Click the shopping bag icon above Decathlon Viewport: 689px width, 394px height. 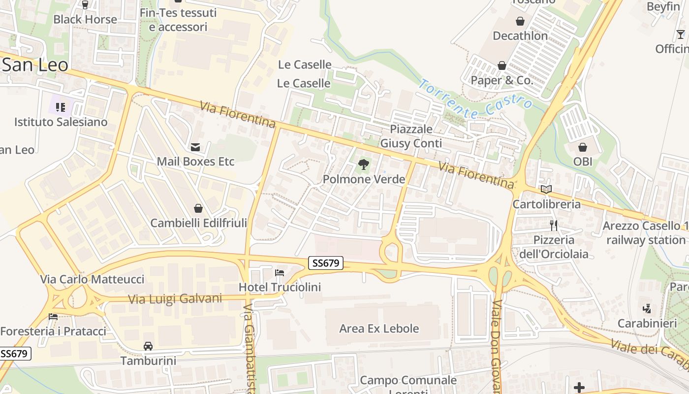(x=520, y=21)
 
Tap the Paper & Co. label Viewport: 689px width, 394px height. (x=502, y=80)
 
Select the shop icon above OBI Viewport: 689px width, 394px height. (x=583, y=147)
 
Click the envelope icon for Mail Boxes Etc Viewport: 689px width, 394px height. (x=195, y=147)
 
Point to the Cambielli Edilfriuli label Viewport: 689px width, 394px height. (x=198, y=223)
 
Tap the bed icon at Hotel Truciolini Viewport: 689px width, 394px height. (x=280, y=272)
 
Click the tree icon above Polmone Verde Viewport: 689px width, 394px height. (x=364, y=164)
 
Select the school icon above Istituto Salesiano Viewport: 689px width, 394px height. (x=61, y=107)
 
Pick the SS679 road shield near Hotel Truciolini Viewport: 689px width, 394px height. (x=326, y=263)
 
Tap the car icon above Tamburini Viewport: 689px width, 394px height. (x=148, y=346)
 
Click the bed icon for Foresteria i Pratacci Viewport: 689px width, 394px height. (x=53, y=317)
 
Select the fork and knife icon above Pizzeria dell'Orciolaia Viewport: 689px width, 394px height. (x=554, y=226)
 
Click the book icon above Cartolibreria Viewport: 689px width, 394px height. (x=546, y=189)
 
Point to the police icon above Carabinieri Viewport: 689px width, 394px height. (x=647, y=309)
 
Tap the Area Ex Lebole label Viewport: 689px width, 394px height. (x=379, y=328)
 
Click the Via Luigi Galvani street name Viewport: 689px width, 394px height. (x=175, y=298)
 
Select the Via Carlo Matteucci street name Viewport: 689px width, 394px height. (x=92, y=279)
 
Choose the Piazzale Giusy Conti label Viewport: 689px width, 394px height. (x=411, y=136)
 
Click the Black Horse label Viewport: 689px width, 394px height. (x=85, y=19)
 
